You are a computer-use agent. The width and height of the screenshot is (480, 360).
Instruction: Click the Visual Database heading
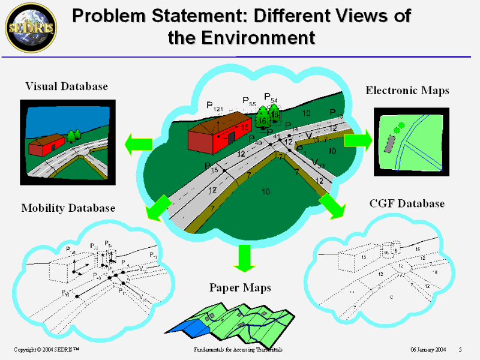pyautogui.click(x=66, y=86)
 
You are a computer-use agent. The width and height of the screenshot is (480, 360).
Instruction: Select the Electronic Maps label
pyautogui.click(x=407, y=91)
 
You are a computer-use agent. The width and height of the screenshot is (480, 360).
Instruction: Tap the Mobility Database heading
pyautogui.click(x=68, y=208)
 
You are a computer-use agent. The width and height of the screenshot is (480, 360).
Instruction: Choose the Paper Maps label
pyautogui.click(x=240, y=288)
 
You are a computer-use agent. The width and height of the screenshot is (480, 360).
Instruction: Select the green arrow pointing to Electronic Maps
pyautogui.click(x=358, y=140)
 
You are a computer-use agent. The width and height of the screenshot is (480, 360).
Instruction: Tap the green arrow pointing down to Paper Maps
pyautogui.click(x=243, y=257)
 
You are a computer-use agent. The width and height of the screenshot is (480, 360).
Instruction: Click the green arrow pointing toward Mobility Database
pyautogui.click(x=157, y=208)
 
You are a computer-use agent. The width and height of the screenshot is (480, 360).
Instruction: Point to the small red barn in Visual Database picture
pyautogui.click(x=47, y=144)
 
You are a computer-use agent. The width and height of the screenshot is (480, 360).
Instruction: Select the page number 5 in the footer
pyautogui.click(x=460, y=349)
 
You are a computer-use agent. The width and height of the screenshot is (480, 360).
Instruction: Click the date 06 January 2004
pyautogui.click(x=428, y=349)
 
